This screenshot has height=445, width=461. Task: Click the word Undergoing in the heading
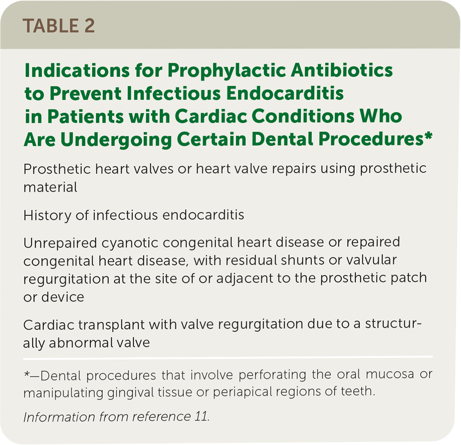[x=116, y=140]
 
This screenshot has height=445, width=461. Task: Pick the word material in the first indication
[x=50, y=188]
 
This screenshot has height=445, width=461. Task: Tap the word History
[x=47, y=216]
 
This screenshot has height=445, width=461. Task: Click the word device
[x=62, y=297]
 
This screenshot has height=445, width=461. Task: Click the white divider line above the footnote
[x=228, y=358]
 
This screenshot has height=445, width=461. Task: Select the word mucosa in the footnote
[x=390, y=375]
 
